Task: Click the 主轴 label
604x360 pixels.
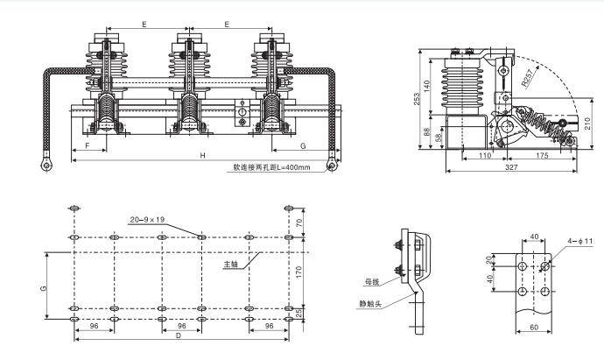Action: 230,263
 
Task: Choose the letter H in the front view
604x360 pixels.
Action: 202,156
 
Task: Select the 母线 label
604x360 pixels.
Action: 374,282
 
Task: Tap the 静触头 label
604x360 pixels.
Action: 373,304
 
